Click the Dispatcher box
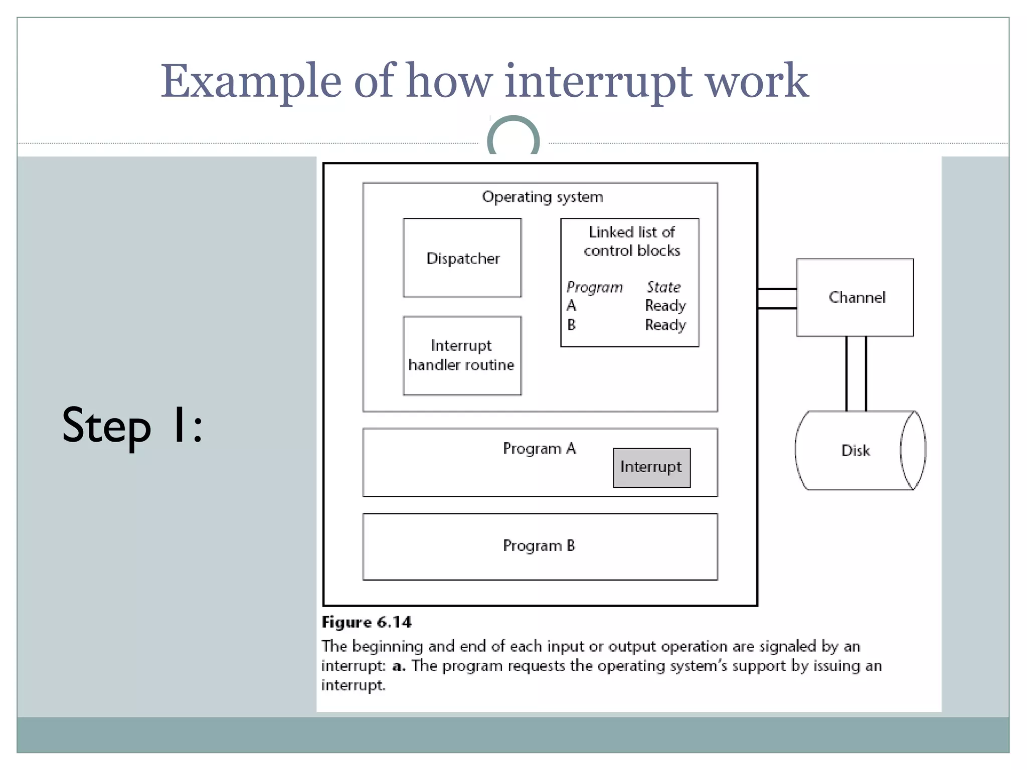(462, 258)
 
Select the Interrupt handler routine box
(462, 355)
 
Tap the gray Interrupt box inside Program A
(651, 467)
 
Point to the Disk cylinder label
(855, 450)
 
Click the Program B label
(539, 545)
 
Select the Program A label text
(539, 448)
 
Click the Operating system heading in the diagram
(542, 197)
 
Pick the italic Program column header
(594, 287)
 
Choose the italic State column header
(663, 287)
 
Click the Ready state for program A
(665, 306)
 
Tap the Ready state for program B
(665, 325)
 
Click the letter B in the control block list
(571, 325)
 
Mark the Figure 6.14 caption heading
(367, 622)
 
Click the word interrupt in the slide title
(598, 81)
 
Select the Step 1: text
(132, 426)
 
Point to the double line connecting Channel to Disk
(856, 373)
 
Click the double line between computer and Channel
(777, 299)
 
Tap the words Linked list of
(631, 232)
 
